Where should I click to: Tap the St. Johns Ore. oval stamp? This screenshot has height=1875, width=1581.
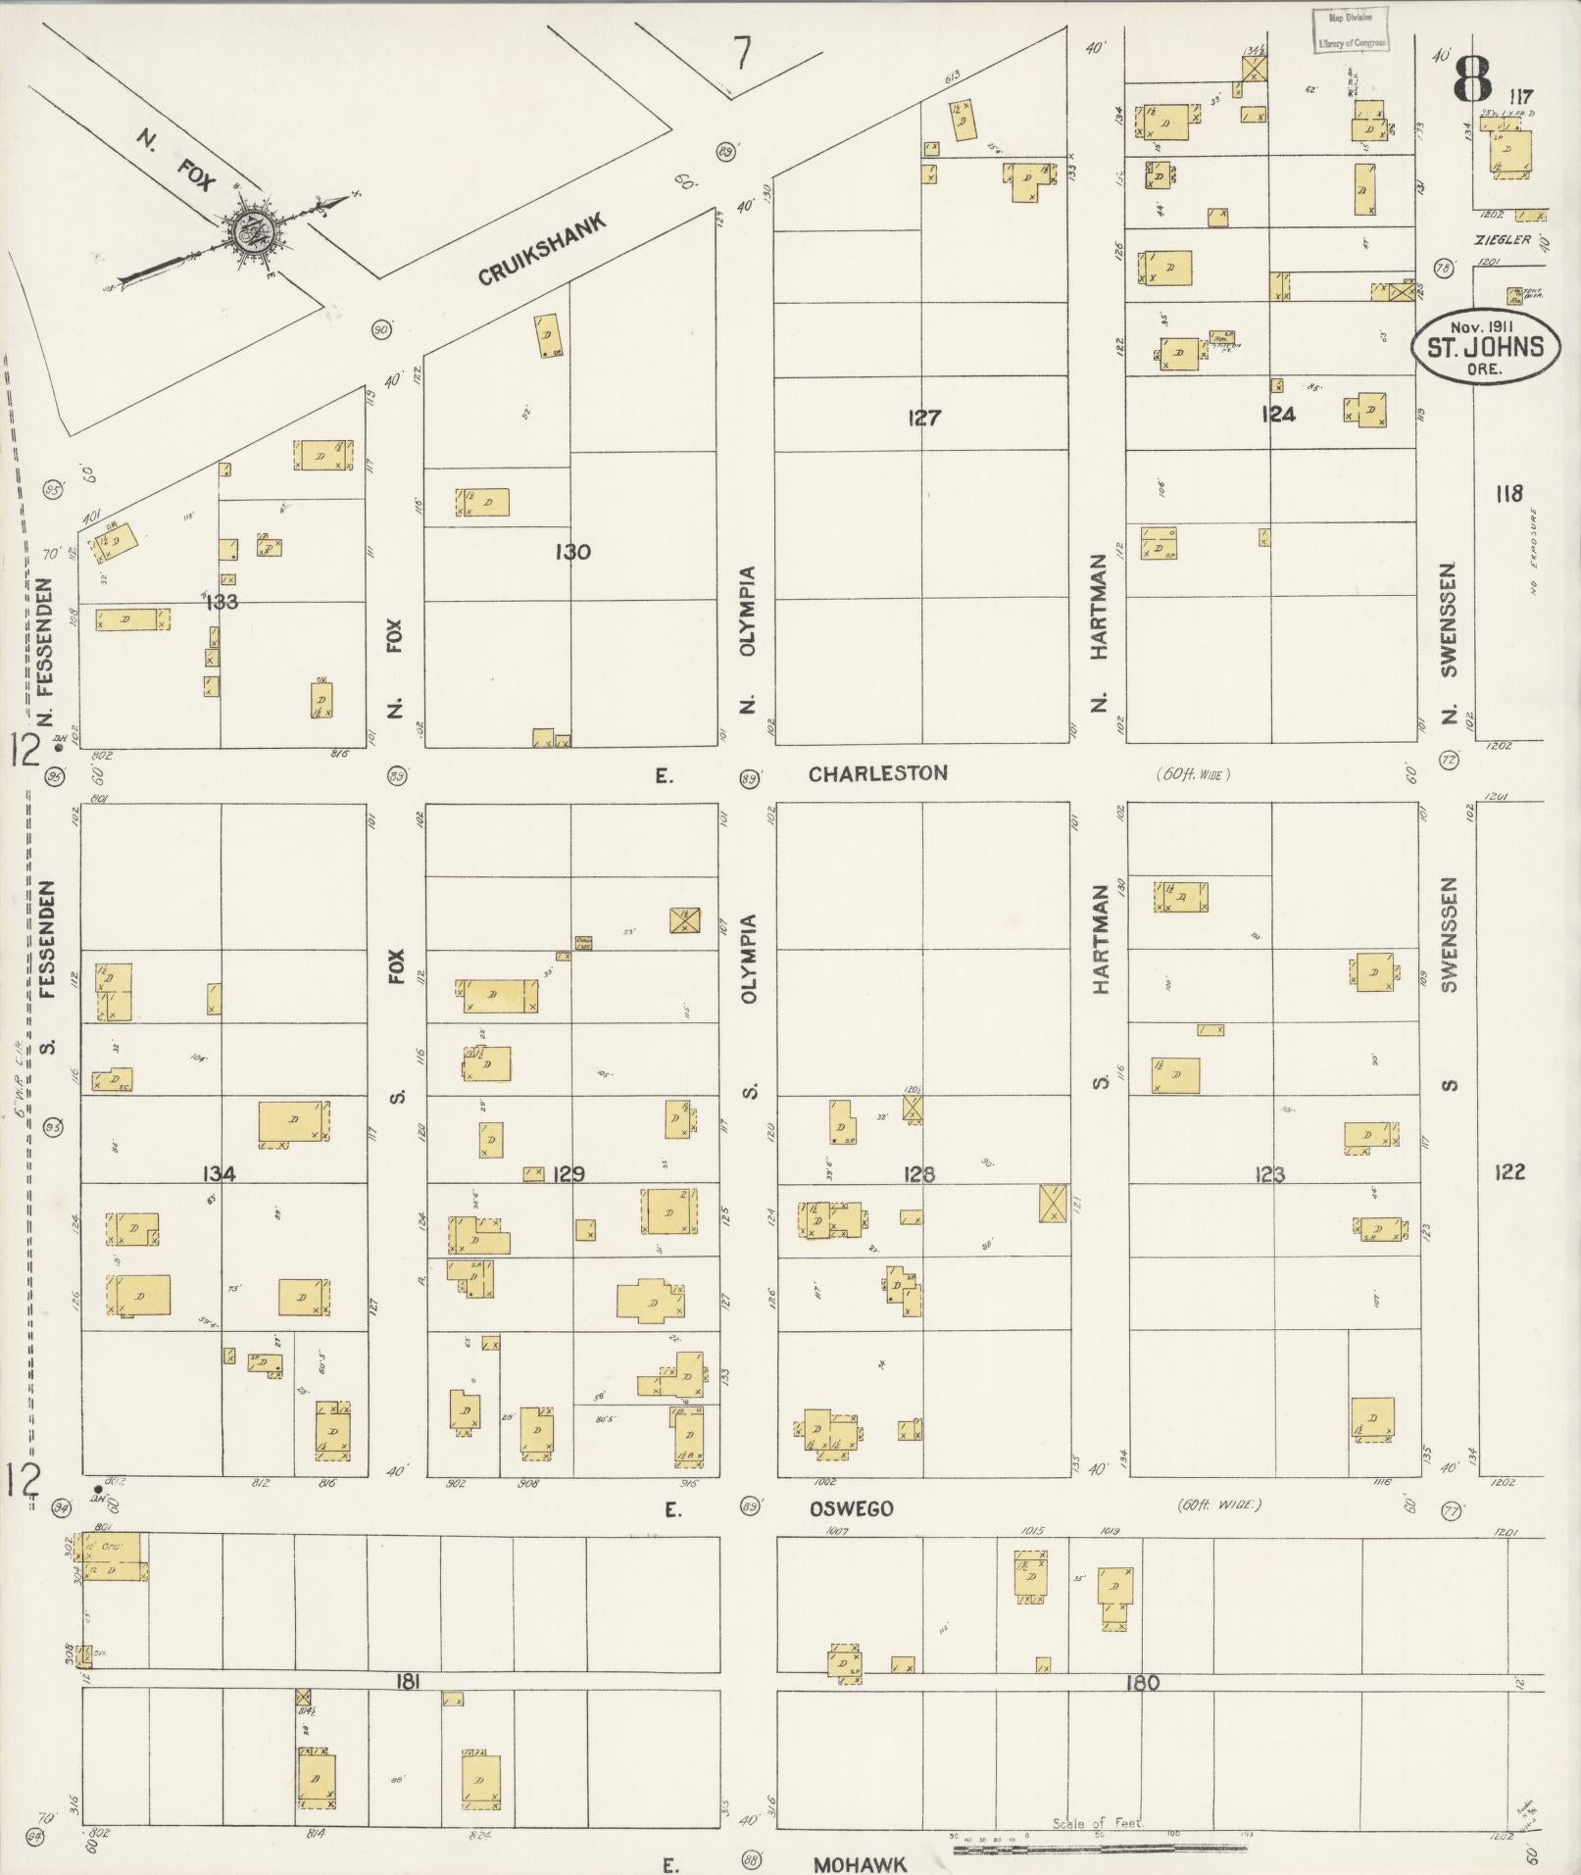click(1484, 347)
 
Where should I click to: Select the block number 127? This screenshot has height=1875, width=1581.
click(923, 419)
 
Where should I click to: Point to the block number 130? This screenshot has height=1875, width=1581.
click(572, 552)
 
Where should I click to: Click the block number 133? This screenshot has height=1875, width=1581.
click(222, 602)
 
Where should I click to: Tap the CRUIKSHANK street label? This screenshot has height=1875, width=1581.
click(542, 249)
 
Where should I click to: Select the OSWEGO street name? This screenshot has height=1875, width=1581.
click(851, 1508)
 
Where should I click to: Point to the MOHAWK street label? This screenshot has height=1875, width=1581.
click(859, 1863)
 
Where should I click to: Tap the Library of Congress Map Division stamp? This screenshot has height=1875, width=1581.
click(1350, 30)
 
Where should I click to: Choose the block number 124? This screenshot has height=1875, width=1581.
click(1277, 415)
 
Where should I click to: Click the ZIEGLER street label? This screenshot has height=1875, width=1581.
click(1500, 239)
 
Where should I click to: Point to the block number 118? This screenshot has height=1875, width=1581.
click(1508, 493)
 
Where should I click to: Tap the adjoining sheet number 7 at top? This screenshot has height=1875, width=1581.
click(744, 53)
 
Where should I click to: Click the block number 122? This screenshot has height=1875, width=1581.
click(1509, 1171)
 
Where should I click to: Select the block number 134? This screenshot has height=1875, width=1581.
click(219, 1173)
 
